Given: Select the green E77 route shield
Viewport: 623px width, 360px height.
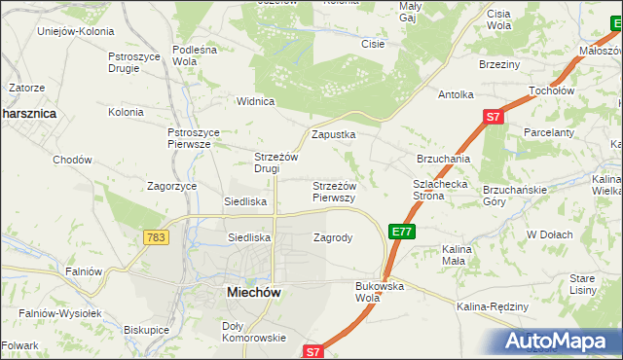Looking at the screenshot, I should (402, 232).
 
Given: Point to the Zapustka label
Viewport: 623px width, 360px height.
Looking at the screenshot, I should (333, 134).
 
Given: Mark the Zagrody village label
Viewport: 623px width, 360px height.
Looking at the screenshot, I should (333, 237).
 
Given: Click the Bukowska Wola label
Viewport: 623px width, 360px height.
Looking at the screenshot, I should (380, 292).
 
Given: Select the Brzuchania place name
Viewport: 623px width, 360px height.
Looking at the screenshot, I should (444, 158).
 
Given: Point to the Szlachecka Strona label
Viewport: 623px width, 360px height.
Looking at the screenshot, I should (442, 189).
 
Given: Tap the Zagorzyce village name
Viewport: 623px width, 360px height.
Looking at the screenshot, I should (172, 185).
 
